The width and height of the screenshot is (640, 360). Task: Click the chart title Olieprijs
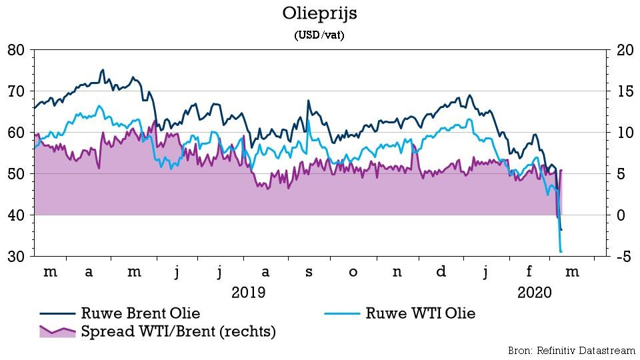[x=319, y=14]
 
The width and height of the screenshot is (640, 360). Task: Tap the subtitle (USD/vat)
[x=319, y=36]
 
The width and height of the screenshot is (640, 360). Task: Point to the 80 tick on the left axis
[x=16, y=50]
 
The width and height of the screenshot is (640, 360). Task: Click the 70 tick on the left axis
[x=16, y=91]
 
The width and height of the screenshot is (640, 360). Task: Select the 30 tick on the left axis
[x=16, y=257]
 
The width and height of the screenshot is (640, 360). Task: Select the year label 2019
[x=248, y=292]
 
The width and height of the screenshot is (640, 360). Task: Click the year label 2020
[x=534, y=292]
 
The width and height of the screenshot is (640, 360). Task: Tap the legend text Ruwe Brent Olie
[x=141, y=313]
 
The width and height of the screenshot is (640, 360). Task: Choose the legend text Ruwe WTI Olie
[x=421, y=313]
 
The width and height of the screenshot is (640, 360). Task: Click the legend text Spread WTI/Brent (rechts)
[x=178, y=331]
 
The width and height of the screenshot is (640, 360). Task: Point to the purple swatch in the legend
[x=56, y=331]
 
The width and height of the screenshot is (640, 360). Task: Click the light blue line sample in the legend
[x=341, y=313]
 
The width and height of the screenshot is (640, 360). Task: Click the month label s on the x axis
[x=309, y=272]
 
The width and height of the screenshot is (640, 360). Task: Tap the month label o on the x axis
[x=353, y=272]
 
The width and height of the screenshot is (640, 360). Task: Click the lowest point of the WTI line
[x=561, y=251]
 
